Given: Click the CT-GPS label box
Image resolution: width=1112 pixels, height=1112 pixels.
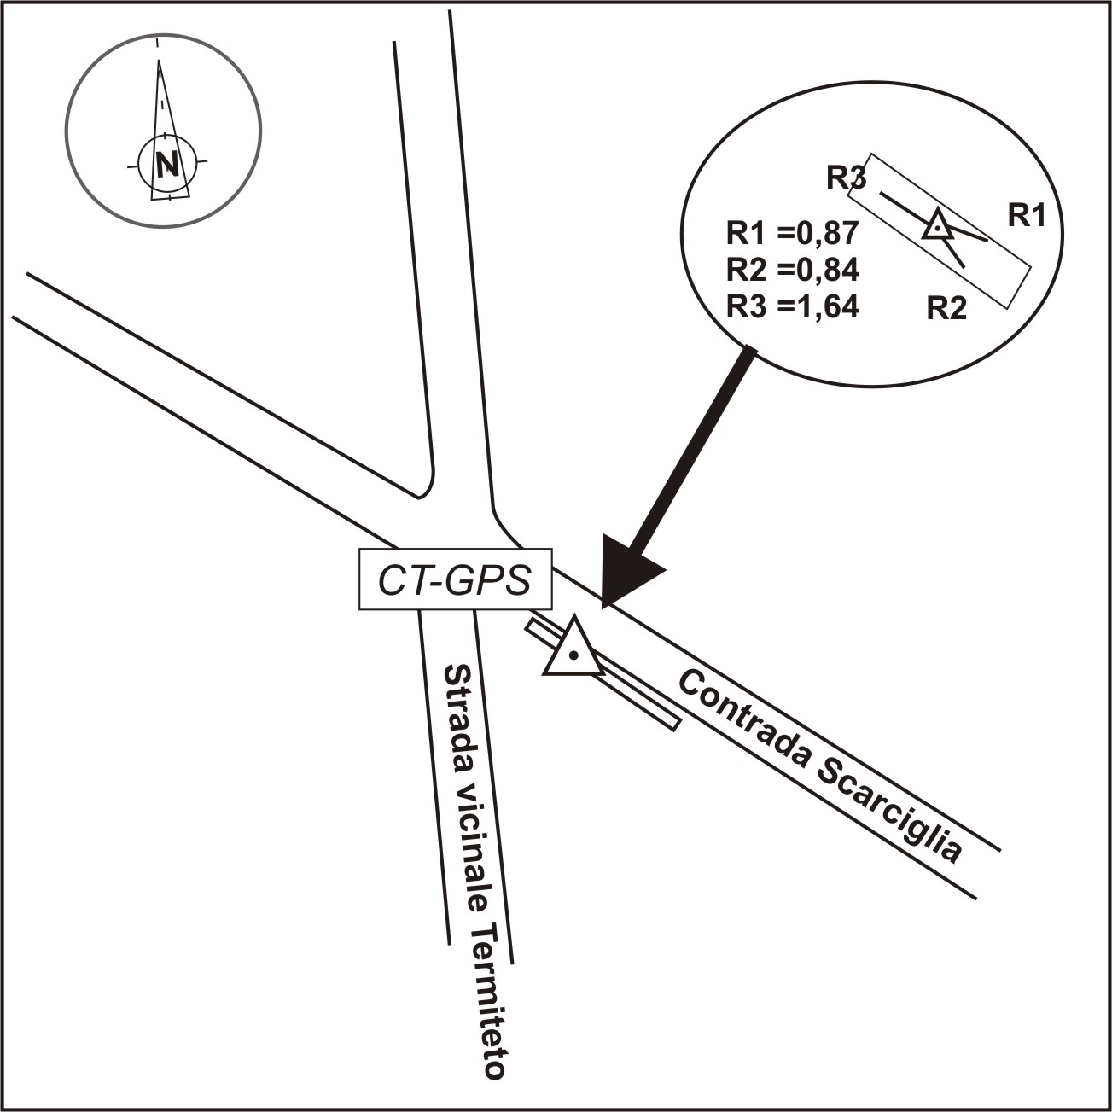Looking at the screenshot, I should click(455, 579).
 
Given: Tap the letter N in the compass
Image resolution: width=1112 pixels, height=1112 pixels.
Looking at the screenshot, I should click(167, 162).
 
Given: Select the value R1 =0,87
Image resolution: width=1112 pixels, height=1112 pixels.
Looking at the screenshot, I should click(791, 233).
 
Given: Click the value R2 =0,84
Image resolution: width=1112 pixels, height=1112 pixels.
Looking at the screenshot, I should click(791, 270).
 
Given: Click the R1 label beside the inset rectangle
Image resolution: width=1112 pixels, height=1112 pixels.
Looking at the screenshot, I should click(1027, 216).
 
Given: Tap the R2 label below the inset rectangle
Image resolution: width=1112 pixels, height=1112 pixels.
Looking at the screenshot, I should click(947, 308).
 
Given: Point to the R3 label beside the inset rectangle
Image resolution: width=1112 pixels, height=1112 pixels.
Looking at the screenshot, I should click(846, 178).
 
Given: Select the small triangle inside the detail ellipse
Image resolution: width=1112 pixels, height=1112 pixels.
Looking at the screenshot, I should click(937, 226).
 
